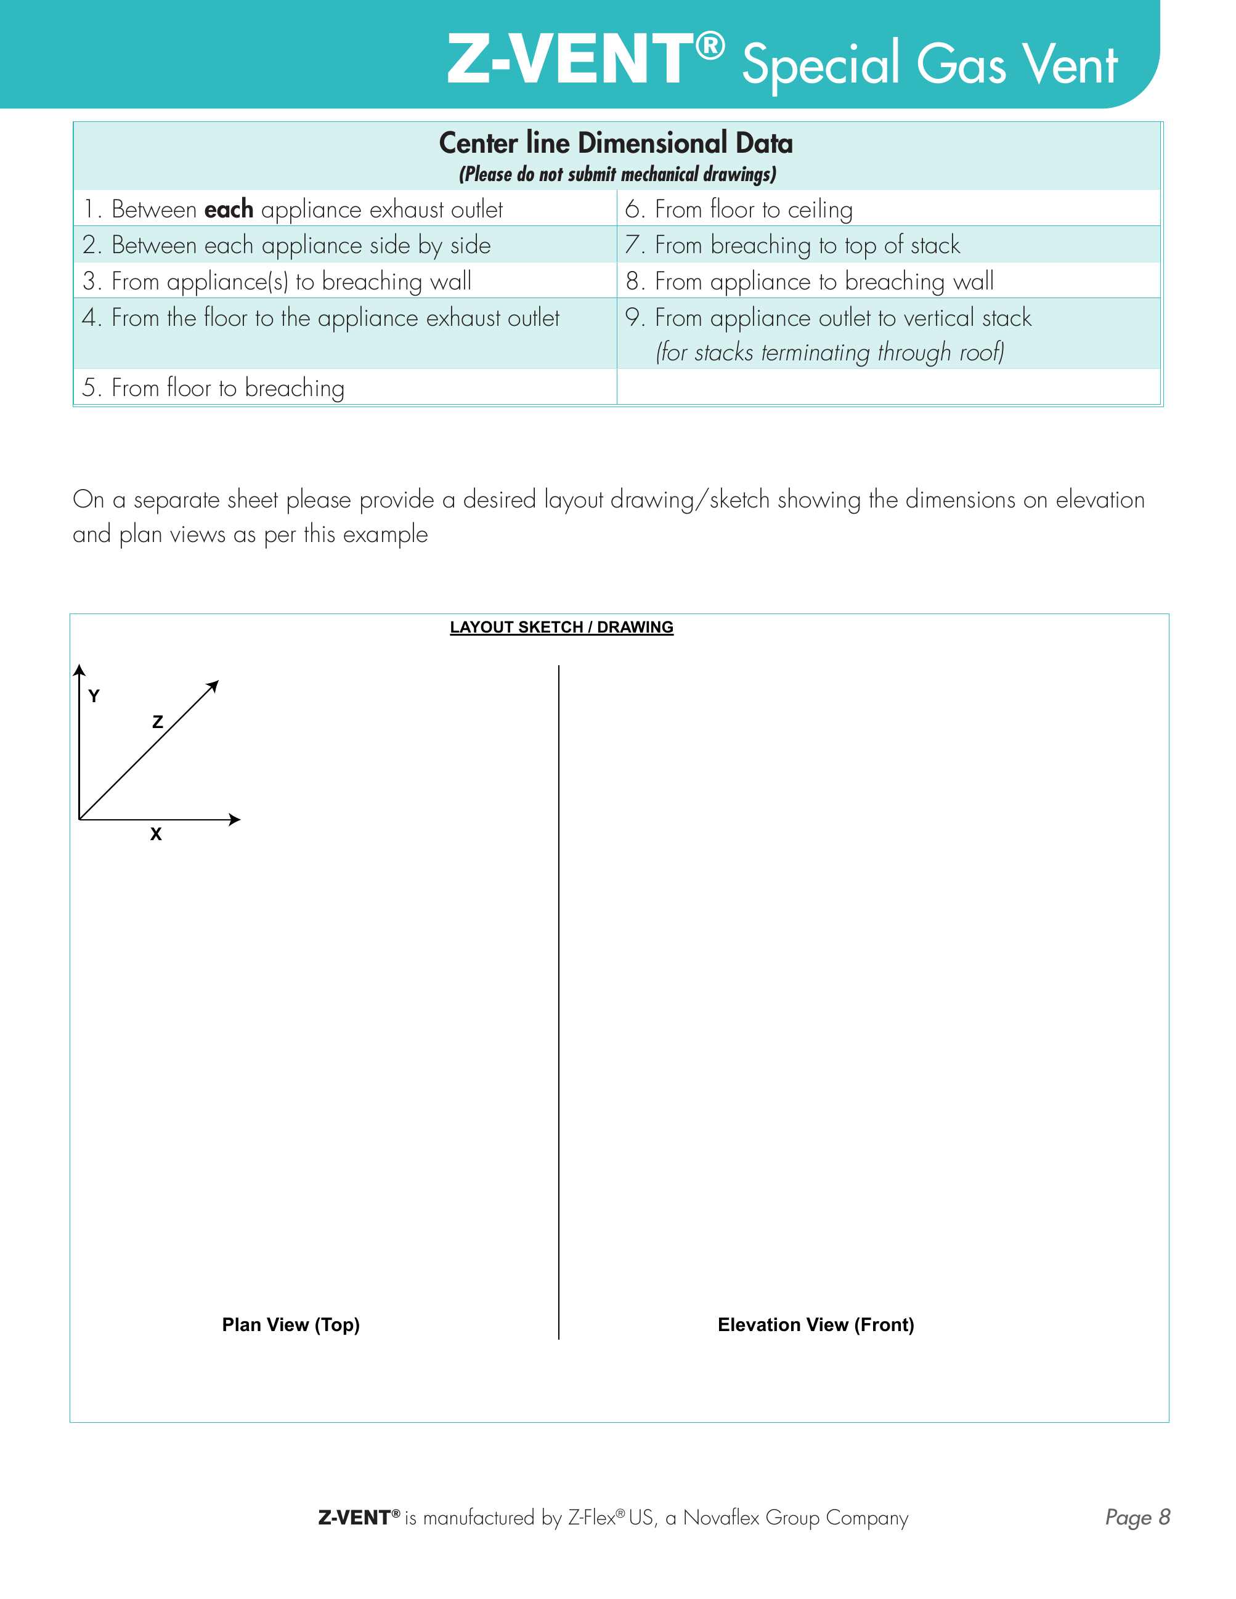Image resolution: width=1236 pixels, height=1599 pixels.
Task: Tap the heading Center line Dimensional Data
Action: click(616, 143)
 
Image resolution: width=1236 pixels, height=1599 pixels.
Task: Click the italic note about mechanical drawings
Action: click(617, 174)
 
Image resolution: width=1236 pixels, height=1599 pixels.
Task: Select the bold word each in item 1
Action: click(229, 209)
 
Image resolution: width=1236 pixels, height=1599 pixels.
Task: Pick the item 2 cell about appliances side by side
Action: click(287, 245)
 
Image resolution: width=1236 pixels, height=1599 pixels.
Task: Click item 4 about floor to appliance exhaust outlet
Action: click(321, 318)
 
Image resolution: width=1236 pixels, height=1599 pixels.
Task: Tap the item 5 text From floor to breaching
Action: click(213, 387)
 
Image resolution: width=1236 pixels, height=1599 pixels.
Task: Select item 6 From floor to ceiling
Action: click(739, 209)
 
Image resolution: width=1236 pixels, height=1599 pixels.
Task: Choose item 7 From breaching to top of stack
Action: click(792, 245)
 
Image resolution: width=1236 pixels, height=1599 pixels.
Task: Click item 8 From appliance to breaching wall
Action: click(810, 281)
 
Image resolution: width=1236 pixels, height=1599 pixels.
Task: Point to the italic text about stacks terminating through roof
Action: click(829, 352)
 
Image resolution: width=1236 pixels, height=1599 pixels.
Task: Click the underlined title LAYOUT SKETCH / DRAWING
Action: click(561, 628)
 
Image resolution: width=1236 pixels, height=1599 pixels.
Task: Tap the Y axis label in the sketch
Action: click(94, 696)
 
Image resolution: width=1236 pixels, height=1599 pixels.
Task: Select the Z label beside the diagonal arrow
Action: click(158, 722)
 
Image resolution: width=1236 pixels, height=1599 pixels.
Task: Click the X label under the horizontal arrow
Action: click(156, 834)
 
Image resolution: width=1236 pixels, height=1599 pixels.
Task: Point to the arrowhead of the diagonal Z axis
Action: click(214, 686)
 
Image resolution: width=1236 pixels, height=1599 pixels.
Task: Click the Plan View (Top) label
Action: click(291, 1324)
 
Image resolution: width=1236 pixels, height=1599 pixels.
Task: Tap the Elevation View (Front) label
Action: click(816, 1324)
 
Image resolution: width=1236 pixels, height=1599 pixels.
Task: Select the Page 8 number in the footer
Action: click(1137, 1517)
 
